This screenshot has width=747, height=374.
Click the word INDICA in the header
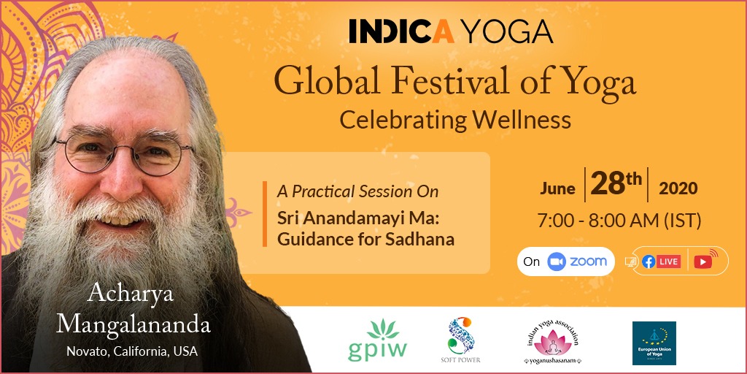click(x=401, y=31)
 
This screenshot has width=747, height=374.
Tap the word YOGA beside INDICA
click(x=508, y=31)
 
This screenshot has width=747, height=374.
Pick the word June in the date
click(x=557, y=188)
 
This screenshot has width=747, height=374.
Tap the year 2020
click(x=678, y=188)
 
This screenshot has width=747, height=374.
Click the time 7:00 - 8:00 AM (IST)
click(x=619, y=221)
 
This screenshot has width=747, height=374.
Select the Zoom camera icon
click(x=556, y=262)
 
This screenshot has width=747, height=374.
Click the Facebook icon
click(x=649, y=262)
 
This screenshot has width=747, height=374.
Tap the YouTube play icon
click(x=703, y=262)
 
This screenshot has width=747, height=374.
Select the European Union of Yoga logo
click(x=654, y=343)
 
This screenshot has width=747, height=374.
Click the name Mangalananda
click(x=133, y=324)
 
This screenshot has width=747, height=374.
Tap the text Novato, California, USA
click(x=132, y=351)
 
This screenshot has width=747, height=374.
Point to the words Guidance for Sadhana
click(x=365, y=238)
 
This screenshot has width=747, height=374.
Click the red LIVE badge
click(x=668, y=262)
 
